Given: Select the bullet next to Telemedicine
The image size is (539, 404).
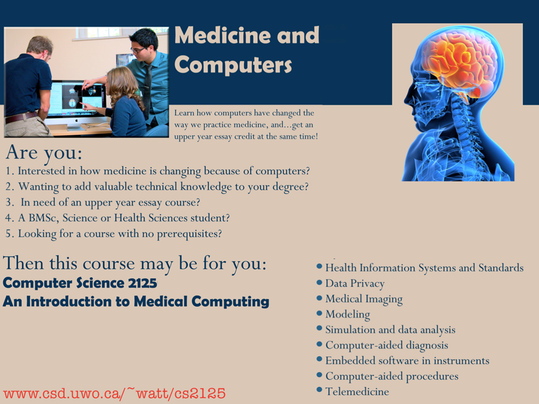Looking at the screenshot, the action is point(319,389).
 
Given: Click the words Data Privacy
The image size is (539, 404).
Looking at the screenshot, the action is point(355,283).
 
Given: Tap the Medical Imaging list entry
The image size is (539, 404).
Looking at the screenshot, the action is point(364,299).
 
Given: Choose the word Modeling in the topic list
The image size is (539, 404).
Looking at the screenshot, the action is point(348,314).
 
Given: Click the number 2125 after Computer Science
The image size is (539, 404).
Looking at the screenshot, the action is point(142,283).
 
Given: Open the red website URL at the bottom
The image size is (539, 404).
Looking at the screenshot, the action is point(115,393).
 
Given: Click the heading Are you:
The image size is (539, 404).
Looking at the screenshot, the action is point(44,153).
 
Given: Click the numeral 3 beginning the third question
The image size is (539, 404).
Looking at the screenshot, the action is point(8,202).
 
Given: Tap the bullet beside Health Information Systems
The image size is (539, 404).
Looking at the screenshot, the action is point(319,266).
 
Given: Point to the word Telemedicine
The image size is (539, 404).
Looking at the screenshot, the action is point(357,392).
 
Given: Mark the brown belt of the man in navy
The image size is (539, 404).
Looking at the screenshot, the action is point(21,117).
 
